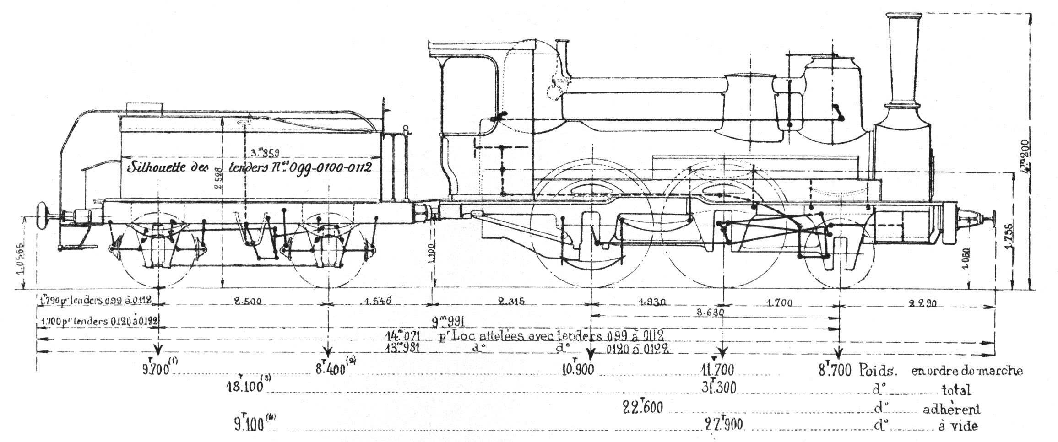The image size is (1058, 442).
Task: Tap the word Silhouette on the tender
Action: [156, 167]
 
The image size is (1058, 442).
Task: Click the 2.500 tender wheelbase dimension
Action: [248, 302]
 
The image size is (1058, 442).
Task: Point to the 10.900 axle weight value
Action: [578, 369]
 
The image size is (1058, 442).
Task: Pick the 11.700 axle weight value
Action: [717, 369]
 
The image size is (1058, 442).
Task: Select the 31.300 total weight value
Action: [719, 387]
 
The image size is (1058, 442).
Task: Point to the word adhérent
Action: [951, 409]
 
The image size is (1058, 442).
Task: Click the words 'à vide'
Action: [958, 426]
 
